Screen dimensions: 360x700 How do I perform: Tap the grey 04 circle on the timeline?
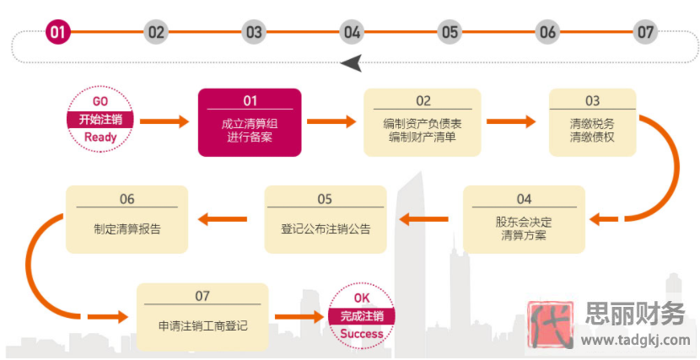tap(352, 33)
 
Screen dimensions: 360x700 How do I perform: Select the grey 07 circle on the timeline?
tap(645, 33)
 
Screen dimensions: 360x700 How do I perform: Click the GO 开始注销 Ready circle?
tap(100, 120)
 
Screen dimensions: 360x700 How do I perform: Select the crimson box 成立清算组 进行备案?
tap(250, 122)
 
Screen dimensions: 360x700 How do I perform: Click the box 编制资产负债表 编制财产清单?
tap(423, 122)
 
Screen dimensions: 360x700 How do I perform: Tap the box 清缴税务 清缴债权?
tap(592, 122)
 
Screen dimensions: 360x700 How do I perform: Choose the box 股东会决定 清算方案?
tap(524, 219)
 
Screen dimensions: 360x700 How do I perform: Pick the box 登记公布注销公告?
tap(326, 219)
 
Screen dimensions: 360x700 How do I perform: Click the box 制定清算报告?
tap(127, 219)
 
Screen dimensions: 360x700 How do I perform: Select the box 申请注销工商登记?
tap(202, 317)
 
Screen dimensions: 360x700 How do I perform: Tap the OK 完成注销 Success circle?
tap(362, 317)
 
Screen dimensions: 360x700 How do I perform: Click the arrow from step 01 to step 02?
tap(331, 122)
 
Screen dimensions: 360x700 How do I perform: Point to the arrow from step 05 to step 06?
tap(223, 220)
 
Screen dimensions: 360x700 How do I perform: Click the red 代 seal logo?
tap(549, 325)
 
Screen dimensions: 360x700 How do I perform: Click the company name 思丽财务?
tap(634, 314)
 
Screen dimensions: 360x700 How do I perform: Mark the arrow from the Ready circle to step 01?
tap(164, 122)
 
